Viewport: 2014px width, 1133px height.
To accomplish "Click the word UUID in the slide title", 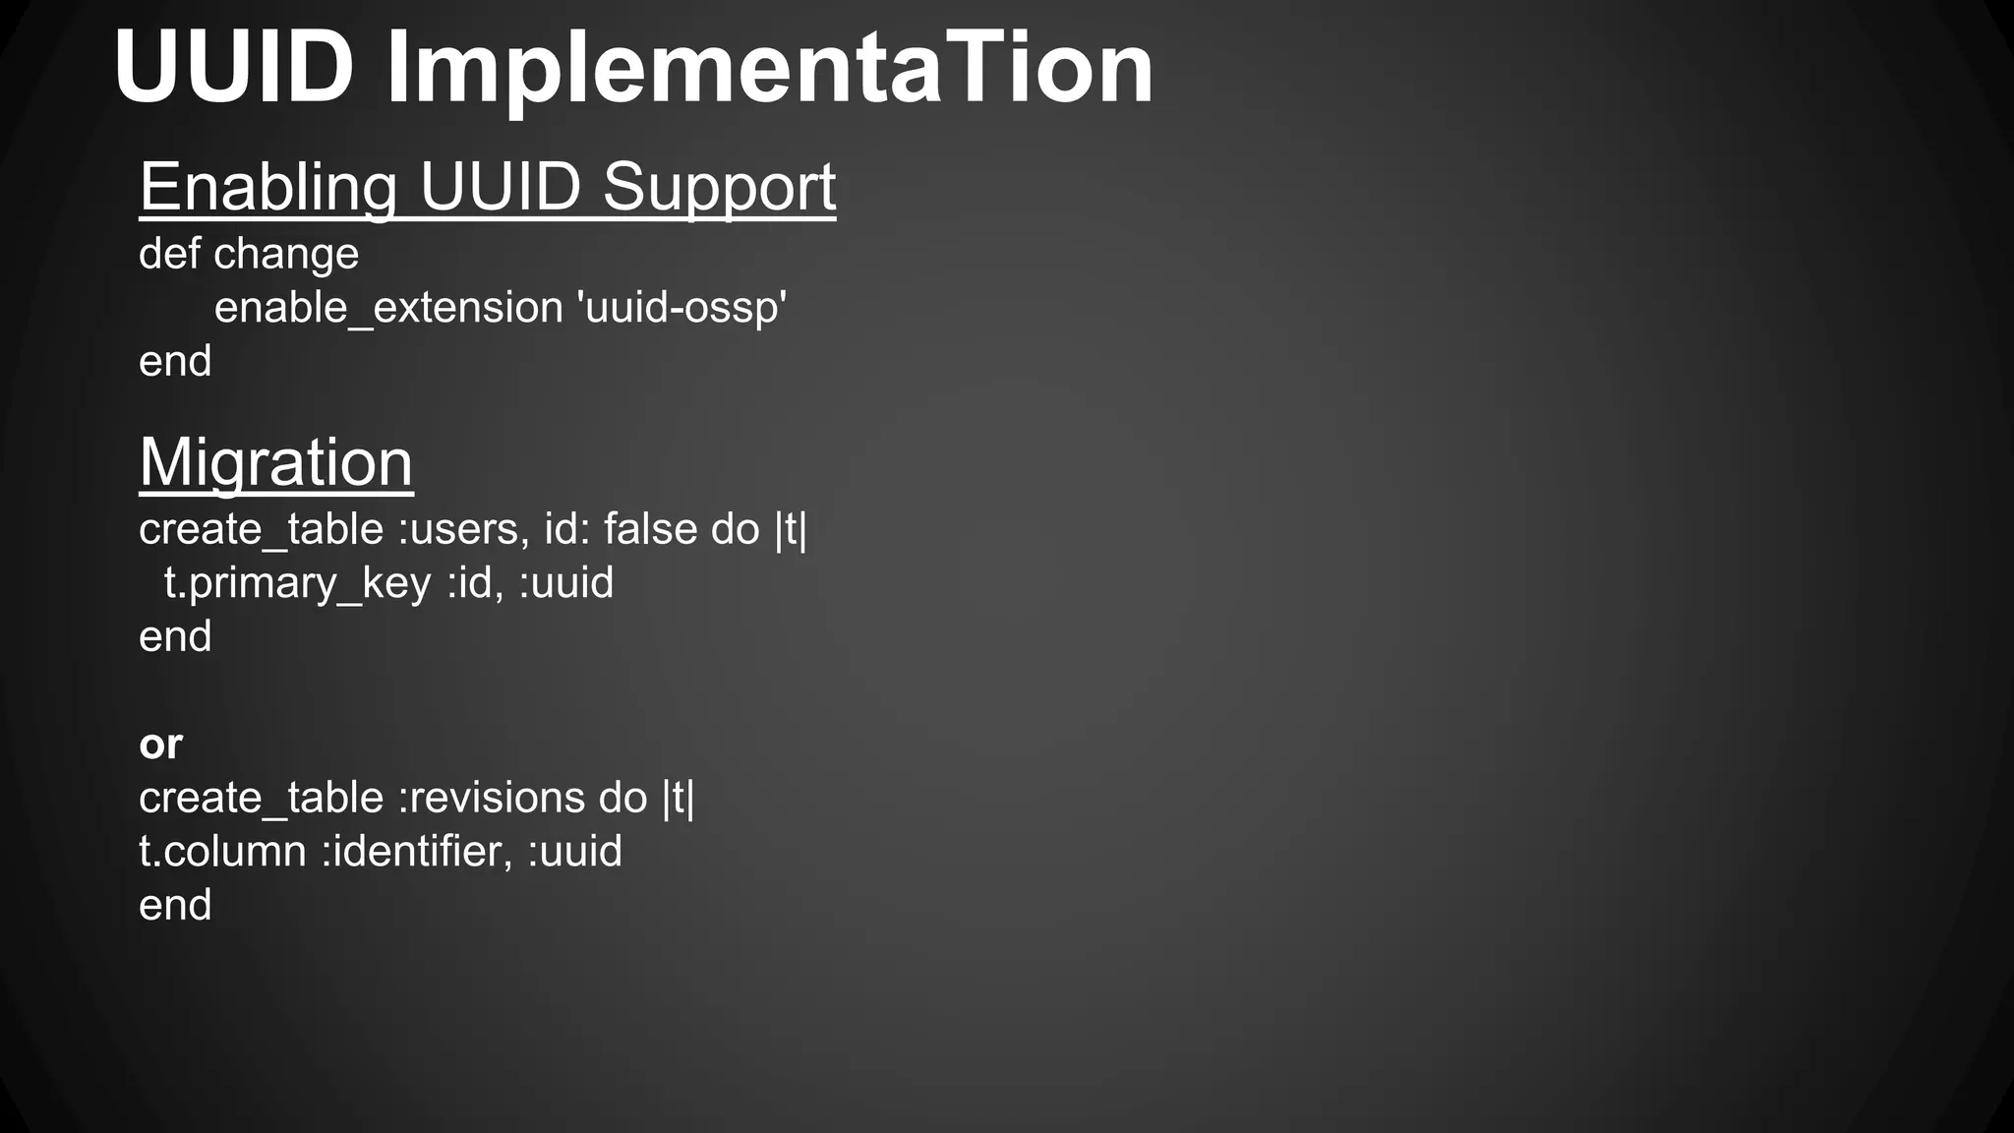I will coord(234,69).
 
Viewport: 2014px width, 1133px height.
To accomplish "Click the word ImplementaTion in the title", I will coord(769,71).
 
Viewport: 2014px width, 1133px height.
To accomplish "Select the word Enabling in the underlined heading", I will coord(268,187).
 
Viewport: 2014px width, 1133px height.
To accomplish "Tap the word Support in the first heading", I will coord(719,187).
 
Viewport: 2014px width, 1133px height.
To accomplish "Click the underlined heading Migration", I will coord(276,462).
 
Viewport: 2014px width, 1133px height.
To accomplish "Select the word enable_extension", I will coord(388,309).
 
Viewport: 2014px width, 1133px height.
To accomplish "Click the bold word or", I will coord(160,745).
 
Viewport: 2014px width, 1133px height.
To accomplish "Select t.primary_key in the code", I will coord(298,584).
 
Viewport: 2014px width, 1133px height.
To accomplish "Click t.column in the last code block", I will coord(222,852).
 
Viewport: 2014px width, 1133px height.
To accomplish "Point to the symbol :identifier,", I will coord(417,852).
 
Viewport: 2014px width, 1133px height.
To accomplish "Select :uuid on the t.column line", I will coord(574,852).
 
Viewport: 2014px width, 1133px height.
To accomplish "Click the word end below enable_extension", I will coord(175,362).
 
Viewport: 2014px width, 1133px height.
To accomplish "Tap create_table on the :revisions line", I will coord(261,799).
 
